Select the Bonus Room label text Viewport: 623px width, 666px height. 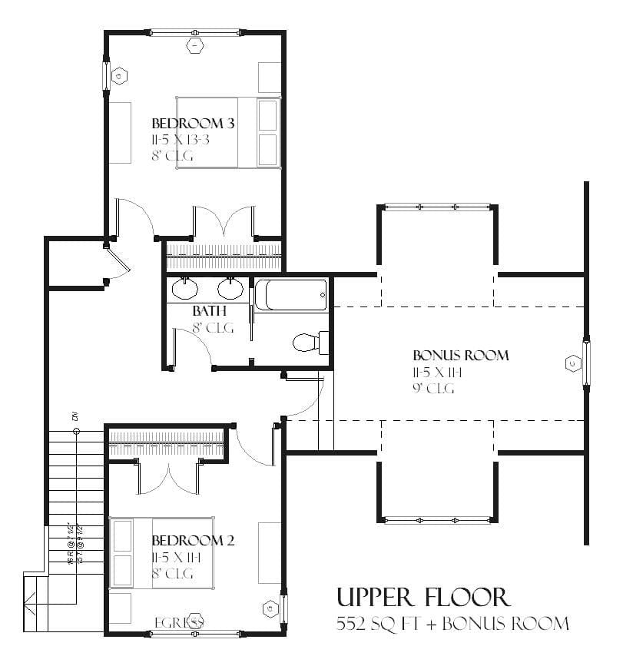461,356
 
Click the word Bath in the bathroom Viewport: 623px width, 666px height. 209,311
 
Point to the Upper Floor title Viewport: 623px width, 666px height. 423,597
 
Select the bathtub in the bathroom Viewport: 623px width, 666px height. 290,295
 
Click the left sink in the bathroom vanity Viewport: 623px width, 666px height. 184,289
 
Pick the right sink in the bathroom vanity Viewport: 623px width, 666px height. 230,289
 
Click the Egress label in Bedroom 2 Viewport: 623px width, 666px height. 178,621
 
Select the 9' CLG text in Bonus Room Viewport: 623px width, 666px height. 433,389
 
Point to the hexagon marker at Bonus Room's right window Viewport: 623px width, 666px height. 572,363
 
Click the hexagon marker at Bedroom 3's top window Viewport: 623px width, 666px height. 195,47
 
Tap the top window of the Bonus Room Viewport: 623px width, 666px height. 437,207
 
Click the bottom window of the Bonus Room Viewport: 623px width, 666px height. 437,521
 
